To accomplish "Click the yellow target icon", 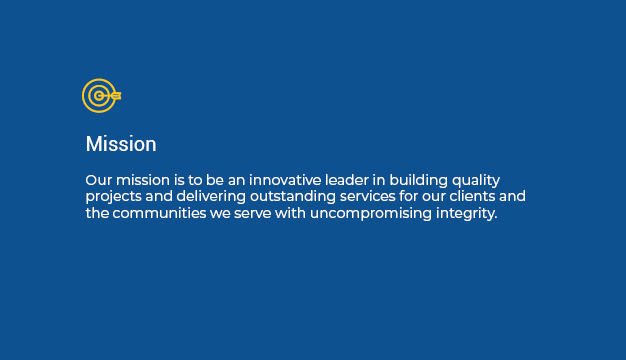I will tap(100, 96).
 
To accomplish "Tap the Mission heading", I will tap(121, 144).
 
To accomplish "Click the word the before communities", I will tap(96, 214).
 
